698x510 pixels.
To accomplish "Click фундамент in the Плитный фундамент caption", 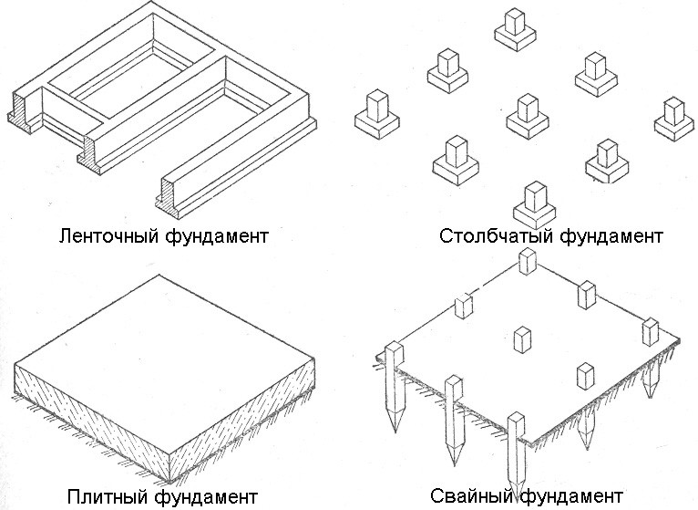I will click(x=206, y=497).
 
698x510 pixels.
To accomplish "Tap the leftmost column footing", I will click(x=378, y=114).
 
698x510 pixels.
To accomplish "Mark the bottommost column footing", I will click(x=536, y=205).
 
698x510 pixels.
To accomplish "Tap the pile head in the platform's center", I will click(x=522, y=339).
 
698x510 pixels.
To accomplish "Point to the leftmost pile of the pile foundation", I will click(x=395, y=383).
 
